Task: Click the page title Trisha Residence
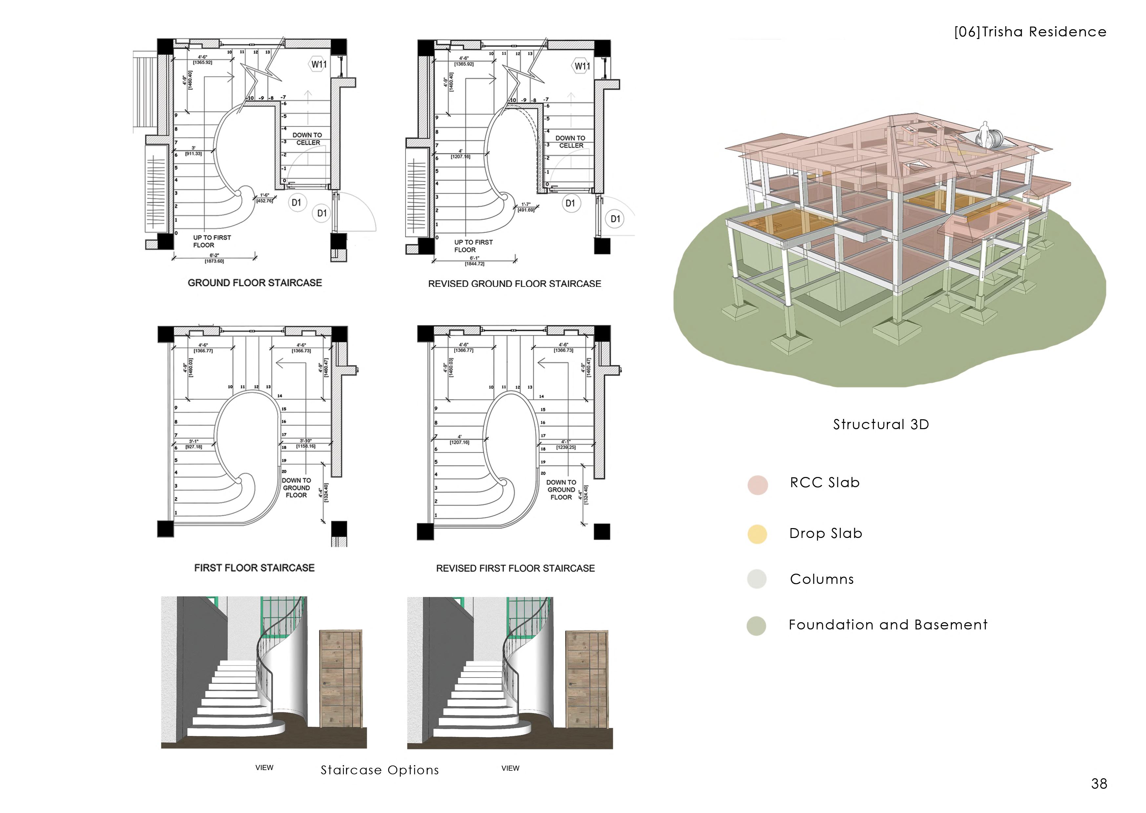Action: [1030, 32]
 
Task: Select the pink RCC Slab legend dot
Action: [757, 485]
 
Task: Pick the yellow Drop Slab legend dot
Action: [757, 534]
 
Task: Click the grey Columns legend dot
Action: [756, 579]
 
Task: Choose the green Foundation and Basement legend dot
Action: [756, 626]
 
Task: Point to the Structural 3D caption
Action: [881, 425]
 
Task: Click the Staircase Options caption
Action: [380, 770]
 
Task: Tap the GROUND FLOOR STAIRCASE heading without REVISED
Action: [255, 283]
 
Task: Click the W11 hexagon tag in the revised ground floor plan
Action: [581, 66]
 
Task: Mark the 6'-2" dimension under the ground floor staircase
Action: [214, 256]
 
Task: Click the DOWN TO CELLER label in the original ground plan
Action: [307, 139]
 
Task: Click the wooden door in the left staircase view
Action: [341, 679]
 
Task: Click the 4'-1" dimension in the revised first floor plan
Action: [566, 442]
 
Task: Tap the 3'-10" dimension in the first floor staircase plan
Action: [305, 441]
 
